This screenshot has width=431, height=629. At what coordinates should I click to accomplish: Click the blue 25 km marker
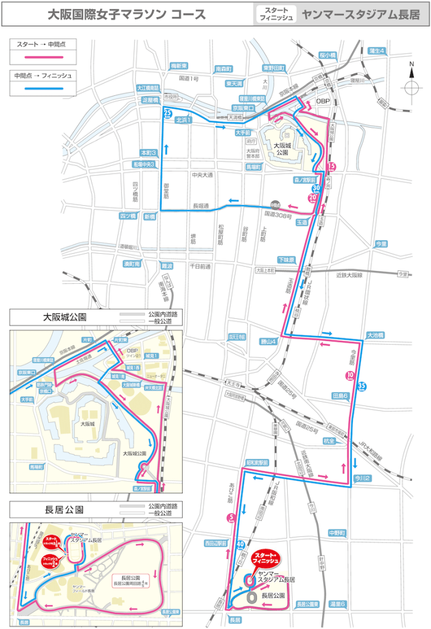click(x=167, y=112)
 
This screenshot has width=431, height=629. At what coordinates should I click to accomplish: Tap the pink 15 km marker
click(x=331, y=166)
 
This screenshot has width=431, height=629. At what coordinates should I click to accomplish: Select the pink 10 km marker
click(x=350, y=375)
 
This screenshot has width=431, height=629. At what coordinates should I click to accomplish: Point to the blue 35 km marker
click(x=362, y=386)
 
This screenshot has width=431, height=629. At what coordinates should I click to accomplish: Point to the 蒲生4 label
click(x=376, y=50)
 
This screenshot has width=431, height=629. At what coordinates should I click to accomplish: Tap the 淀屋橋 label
click(x=150, y=100)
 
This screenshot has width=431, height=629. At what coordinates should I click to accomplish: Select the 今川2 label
click(x=361, y=476)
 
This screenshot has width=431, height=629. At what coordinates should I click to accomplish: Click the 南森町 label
click(x=223, y=69)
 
